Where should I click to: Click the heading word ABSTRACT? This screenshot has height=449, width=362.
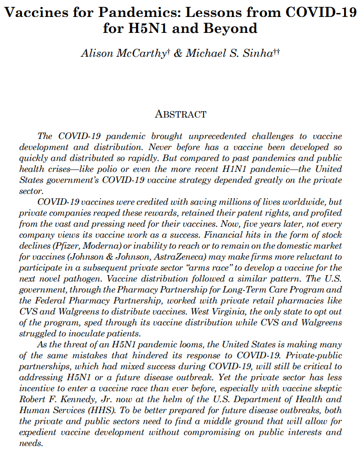181,114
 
